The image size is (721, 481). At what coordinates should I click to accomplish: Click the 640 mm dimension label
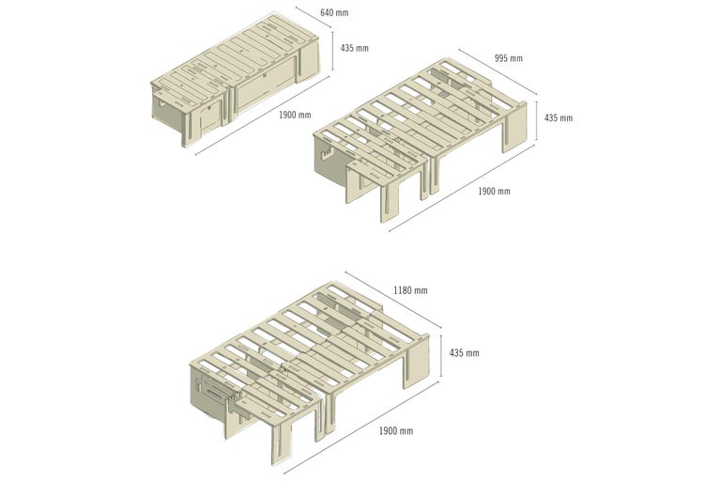pos(334,12)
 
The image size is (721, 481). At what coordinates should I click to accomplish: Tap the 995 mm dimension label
pos(509,58)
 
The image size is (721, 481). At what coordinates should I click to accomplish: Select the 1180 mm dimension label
pos(410,290)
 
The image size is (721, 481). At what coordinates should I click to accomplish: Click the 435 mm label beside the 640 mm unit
pos(355,48)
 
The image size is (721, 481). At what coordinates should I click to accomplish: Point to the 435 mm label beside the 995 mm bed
pos(559,117)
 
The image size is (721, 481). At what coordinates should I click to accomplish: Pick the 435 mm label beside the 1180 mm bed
pos(465,353)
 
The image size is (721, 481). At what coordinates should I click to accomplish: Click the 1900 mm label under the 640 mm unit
pos(295,115)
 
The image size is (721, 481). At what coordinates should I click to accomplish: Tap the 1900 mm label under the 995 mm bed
pos(495,191)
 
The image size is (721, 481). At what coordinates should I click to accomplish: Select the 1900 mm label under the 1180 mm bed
pos(396,431)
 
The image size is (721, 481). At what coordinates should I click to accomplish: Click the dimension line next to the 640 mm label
pos(314,18)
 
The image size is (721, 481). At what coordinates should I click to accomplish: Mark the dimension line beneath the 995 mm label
pos(498,71)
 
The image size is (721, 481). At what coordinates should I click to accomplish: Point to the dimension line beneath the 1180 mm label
pos(392,300)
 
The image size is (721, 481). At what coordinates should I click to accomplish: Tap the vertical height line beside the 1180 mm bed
pos(441,356)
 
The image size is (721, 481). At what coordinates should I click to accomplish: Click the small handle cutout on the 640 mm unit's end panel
pos(161,103)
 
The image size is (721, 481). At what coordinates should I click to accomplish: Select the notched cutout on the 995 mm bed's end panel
pos(327,154)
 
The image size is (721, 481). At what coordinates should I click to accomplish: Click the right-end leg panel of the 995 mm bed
pos(514,128)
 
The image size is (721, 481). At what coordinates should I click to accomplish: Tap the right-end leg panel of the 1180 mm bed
pos(417,362)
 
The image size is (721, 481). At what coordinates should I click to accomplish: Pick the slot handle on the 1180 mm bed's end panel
pos(215,392)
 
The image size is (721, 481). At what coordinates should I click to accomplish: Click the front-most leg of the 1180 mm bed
pos(283,442)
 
